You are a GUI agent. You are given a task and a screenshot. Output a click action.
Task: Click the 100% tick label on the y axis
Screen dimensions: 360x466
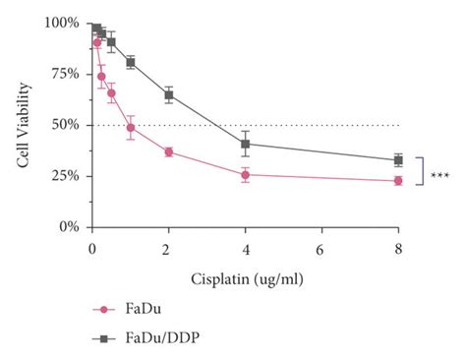pos(64,23)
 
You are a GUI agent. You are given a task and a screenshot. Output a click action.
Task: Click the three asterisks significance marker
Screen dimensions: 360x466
pos(439,176)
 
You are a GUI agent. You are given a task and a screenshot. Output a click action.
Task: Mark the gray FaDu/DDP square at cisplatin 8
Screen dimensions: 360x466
pos(398,159)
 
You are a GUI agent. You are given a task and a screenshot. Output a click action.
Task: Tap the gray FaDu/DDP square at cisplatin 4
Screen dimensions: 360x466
pos(245,144)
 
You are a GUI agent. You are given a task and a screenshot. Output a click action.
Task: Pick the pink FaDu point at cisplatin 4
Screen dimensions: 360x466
pos(245,175)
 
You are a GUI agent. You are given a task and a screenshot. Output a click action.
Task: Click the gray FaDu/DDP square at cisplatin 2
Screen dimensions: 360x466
pos(168,95)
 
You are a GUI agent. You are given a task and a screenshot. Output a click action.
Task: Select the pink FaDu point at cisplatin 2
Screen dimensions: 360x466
pos(168,151)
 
